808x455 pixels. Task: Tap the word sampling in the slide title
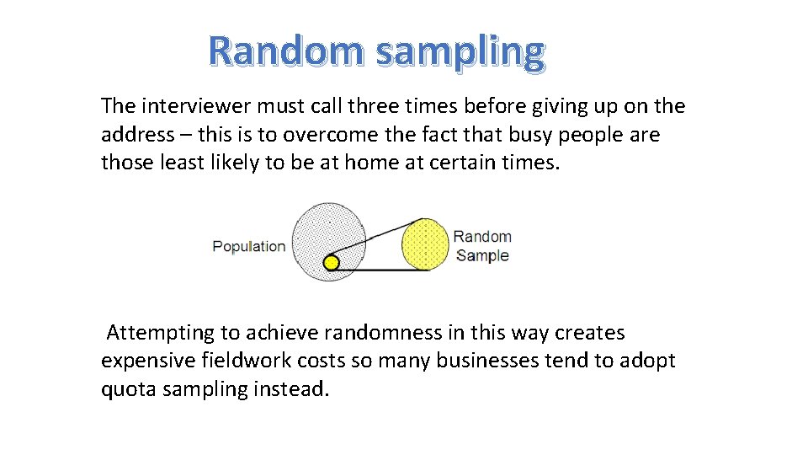460,52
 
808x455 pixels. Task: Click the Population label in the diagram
248,247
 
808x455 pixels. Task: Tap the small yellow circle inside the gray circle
332,263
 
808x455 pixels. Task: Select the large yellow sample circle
426,244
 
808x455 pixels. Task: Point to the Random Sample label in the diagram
482,246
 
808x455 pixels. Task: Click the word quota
129,390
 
